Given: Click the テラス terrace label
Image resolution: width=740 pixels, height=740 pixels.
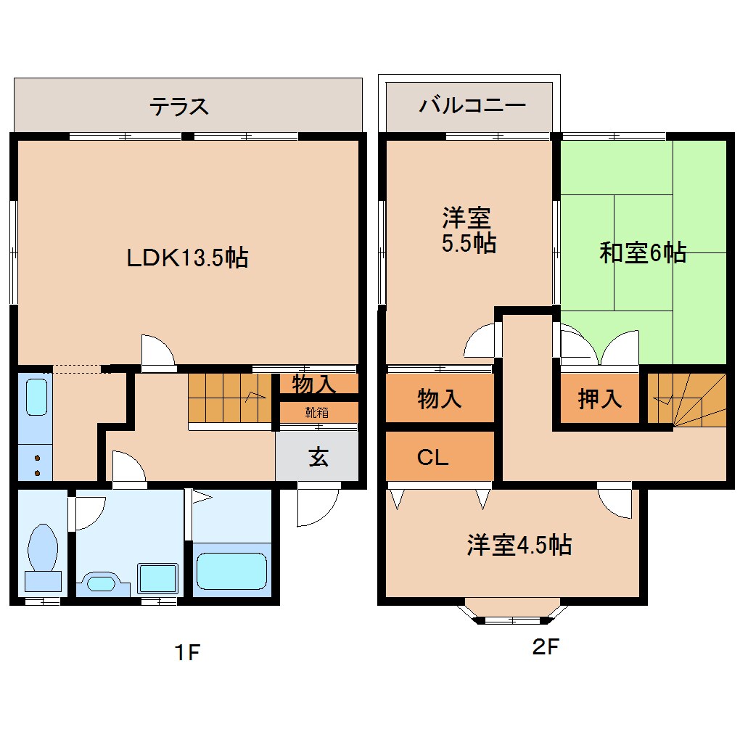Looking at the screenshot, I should pos(179,107).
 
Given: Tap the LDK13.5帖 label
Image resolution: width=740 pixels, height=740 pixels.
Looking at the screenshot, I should pos(187,257).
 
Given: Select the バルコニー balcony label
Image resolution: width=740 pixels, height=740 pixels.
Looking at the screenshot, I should pos(472,107).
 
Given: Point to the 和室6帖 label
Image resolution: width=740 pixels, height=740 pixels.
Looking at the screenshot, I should pos(643,252).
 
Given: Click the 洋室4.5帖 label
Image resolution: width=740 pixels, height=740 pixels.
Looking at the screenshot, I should pos(519,544).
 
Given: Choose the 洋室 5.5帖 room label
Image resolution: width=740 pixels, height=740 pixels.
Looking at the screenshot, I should pos(469,230).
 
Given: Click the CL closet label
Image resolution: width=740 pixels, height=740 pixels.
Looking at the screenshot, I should pos(432,457).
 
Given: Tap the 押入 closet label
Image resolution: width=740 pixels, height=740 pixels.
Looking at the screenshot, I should pos(600,398).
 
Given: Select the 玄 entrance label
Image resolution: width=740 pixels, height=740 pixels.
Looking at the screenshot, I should pos(318,458).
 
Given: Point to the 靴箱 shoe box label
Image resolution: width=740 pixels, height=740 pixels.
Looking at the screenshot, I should pos(317,412).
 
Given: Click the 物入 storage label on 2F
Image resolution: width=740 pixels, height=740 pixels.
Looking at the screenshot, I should pos(440,398).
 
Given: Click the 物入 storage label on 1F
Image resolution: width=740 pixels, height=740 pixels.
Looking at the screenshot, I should pos(313,383).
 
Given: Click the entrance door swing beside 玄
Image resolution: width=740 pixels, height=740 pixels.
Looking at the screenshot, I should pos(318,506).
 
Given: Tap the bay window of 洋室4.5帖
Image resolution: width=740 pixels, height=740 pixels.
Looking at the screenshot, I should pos(514,613).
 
